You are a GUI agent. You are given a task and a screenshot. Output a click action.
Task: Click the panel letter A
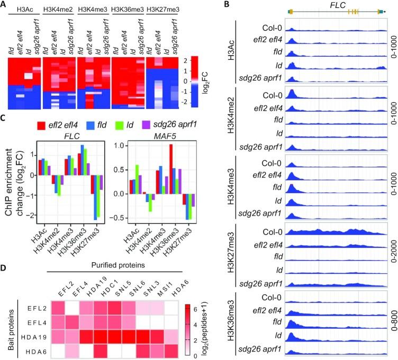(x=5, y=5)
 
